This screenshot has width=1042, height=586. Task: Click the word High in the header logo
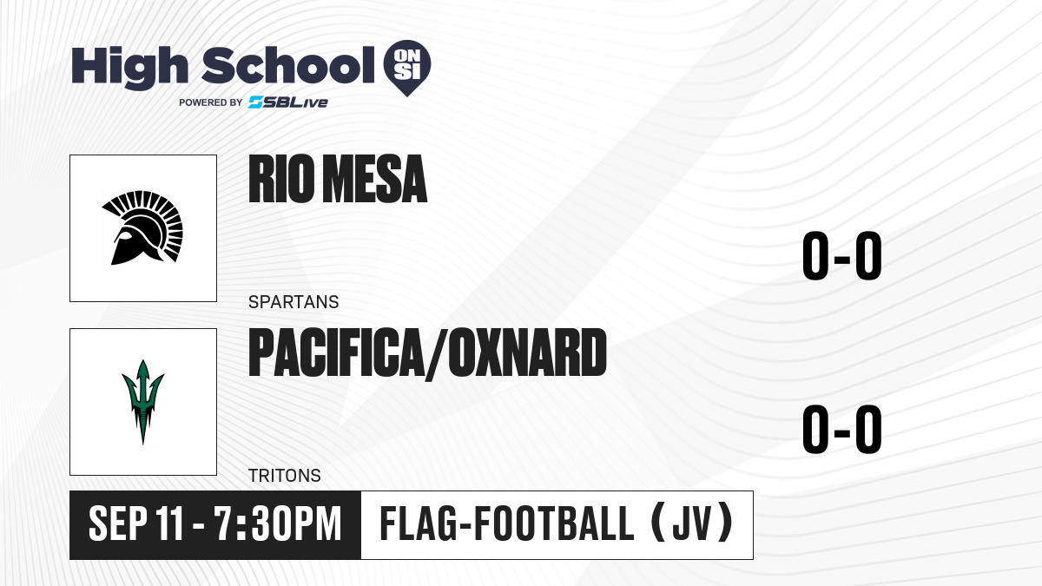coord(129,67)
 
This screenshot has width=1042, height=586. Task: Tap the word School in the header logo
coord(288,64)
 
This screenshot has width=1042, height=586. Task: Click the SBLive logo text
coord(288,102)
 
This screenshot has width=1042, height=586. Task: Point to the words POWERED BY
coord(211,102)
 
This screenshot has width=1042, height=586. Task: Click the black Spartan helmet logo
coord(142,227)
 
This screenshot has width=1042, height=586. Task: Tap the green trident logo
coord(142,402)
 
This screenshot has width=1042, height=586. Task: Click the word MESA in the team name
coord(375,179)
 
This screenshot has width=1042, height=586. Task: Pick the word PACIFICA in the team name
coord(336,352)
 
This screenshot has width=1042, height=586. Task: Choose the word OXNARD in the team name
coord(527,352)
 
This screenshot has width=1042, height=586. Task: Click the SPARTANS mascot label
coord(293,302)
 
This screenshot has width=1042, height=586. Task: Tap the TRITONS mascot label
coord(285,476)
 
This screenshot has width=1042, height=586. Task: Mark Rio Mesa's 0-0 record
coord(842,256)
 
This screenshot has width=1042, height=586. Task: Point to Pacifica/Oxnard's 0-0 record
coord(842,429)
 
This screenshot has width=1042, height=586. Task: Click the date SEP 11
coord(135,523)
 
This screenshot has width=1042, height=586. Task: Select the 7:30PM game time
coord(278,523)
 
